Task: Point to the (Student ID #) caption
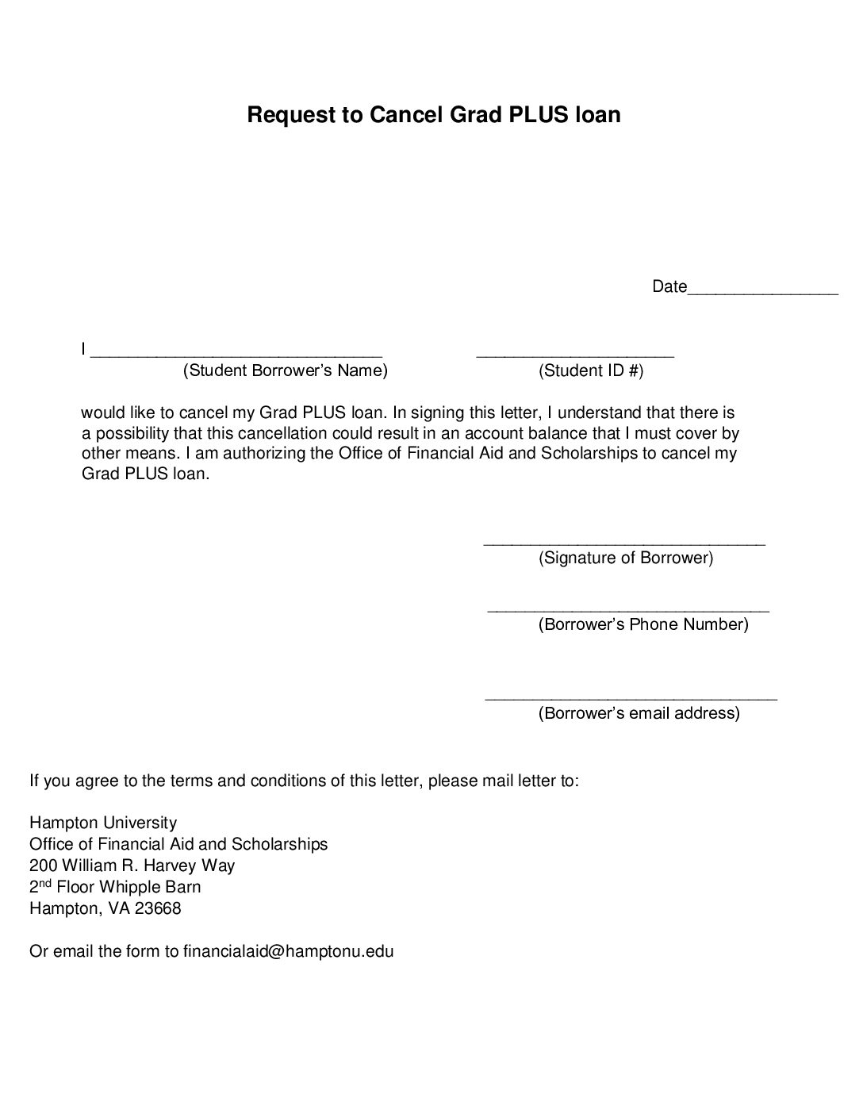pyautogui.click(x=591, y=370)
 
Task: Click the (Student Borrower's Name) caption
pyautogui.click(x=286, y=370)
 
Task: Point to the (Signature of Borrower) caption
pyautogui.click(x=626, y=558)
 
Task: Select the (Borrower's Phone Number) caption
pyautogui.click(x=643, y=624)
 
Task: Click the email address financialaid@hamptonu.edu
pyautogui.click(x=289, y=951)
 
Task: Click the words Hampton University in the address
pyautogui.click(x=103, y=823)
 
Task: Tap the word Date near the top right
pyautogui.click(x=669, y=286)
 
